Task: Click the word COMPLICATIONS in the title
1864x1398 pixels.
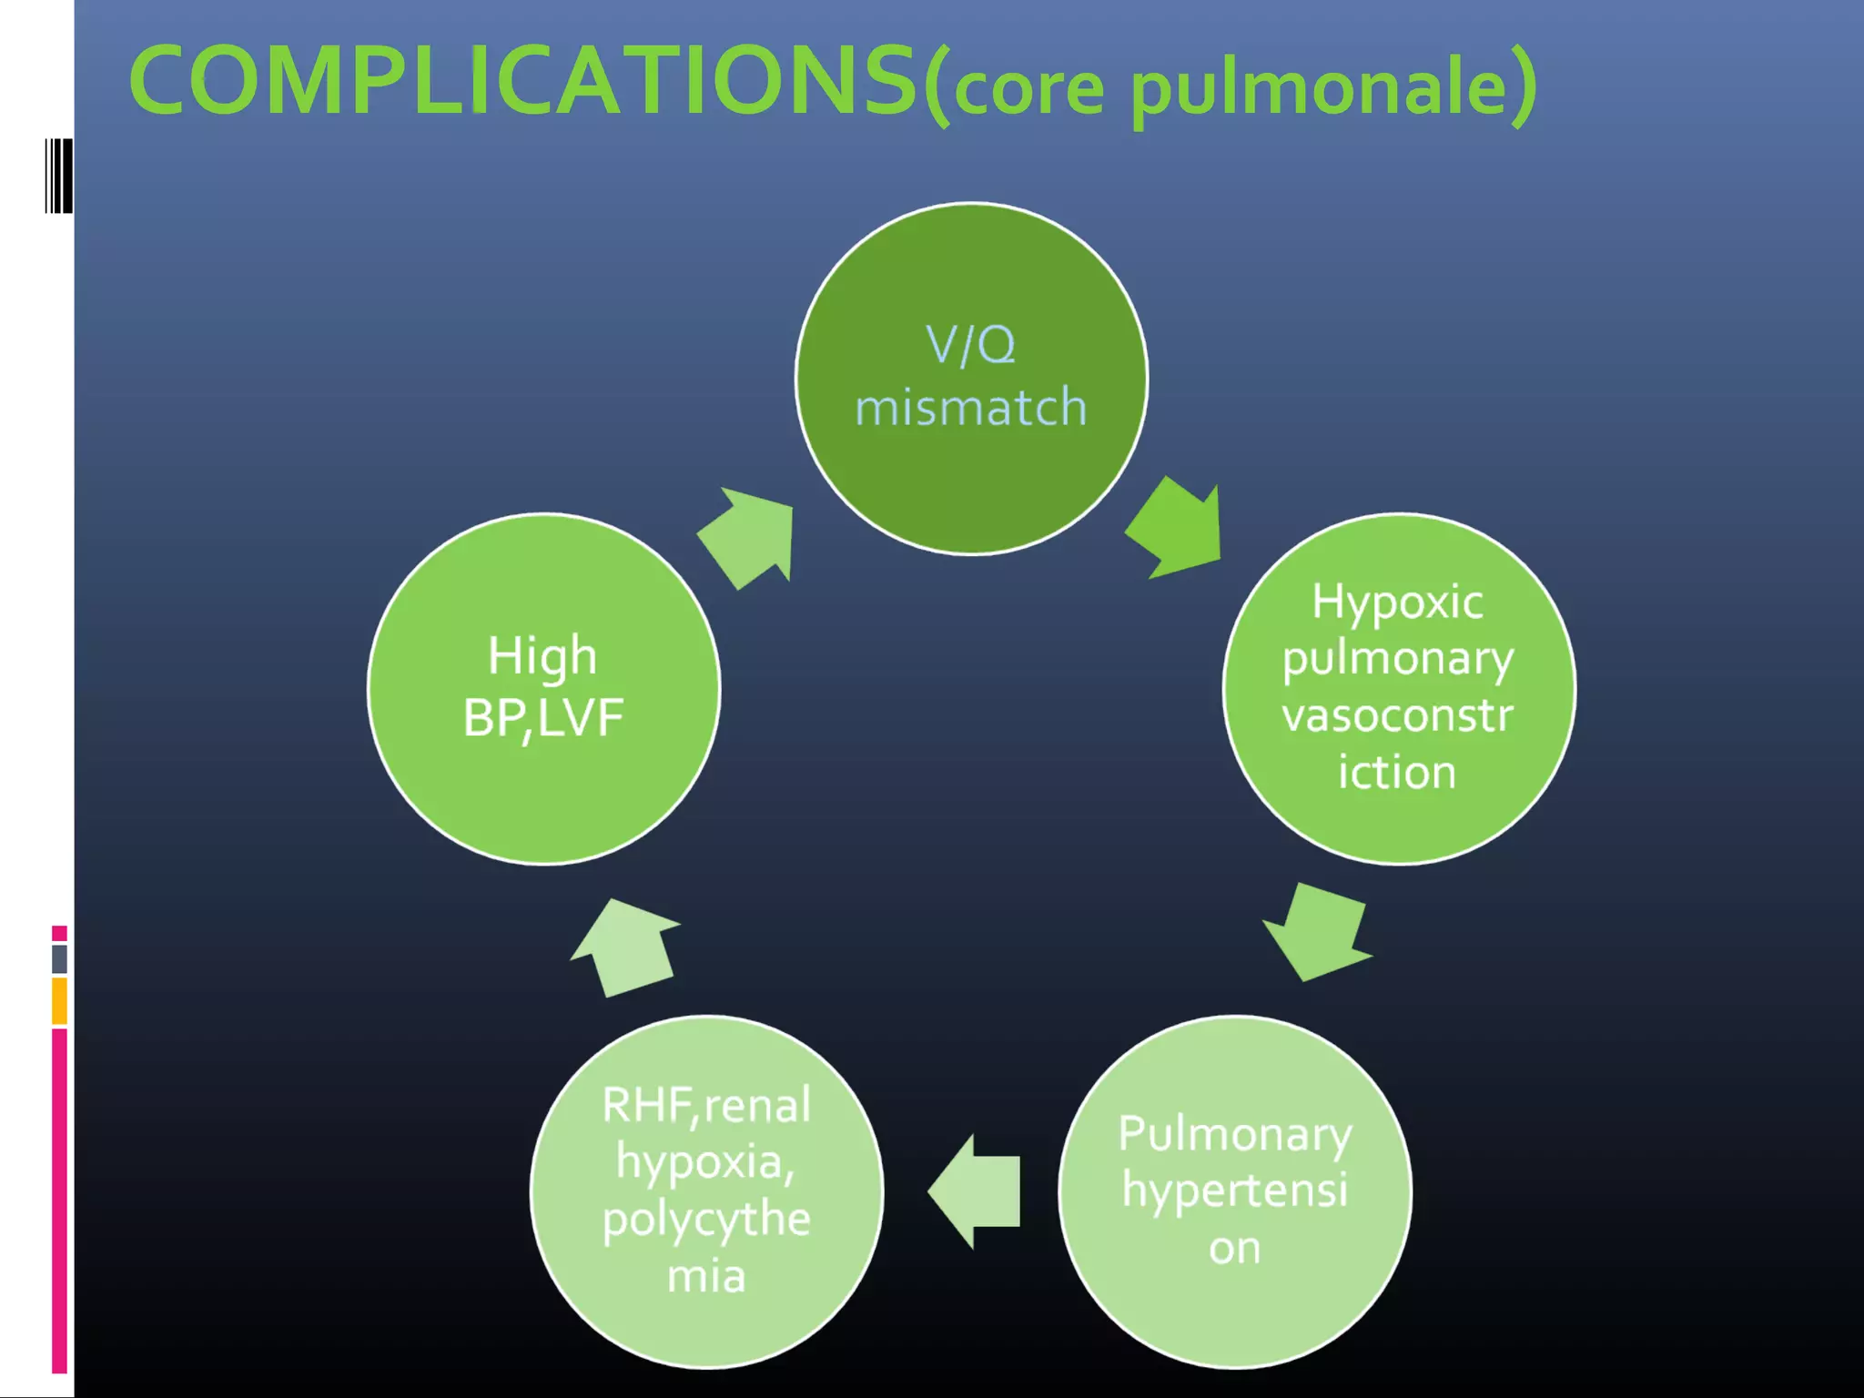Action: [x=523, y=82]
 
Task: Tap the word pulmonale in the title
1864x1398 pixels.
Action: [x=1320, y=88]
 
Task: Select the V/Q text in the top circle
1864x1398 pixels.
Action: [x=970, y=346]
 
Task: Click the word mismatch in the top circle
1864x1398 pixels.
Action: [x=970, y=407]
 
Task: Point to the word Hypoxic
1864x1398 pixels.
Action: [x=1397, y=603]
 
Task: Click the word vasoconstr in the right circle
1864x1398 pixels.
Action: [x=1397, y=715]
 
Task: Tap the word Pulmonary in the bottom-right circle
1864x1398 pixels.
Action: [x=1235, y=1135]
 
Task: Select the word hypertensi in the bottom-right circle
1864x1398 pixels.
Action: [x=1235, y=1190]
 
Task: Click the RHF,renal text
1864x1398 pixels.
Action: [x=706, y=1106]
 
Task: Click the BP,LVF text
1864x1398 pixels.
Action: [x=542, y=717]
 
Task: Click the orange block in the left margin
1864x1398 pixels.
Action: [x=59, y=1000]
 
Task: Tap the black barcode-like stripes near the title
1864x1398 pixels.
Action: [x=59, y=176]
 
